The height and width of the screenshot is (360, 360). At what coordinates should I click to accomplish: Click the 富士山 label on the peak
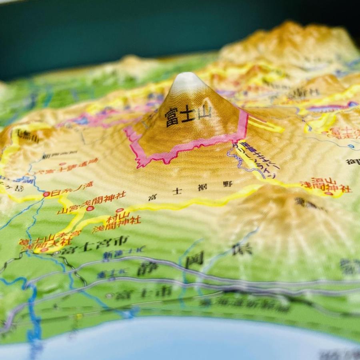tap(188, 115)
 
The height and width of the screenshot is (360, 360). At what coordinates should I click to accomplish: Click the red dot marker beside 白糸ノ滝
tap(46, 194)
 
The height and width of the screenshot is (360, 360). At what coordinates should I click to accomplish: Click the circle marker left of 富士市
tap(109, 296)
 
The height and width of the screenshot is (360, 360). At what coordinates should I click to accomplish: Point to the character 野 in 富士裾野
tap(228, 184)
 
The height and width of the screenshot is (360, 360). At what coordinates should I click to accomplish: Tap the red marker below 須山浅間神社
tap(329, 194)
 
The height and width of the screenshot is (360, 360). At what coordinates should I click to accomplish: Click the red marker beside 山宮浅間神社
tap(90, 208)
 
